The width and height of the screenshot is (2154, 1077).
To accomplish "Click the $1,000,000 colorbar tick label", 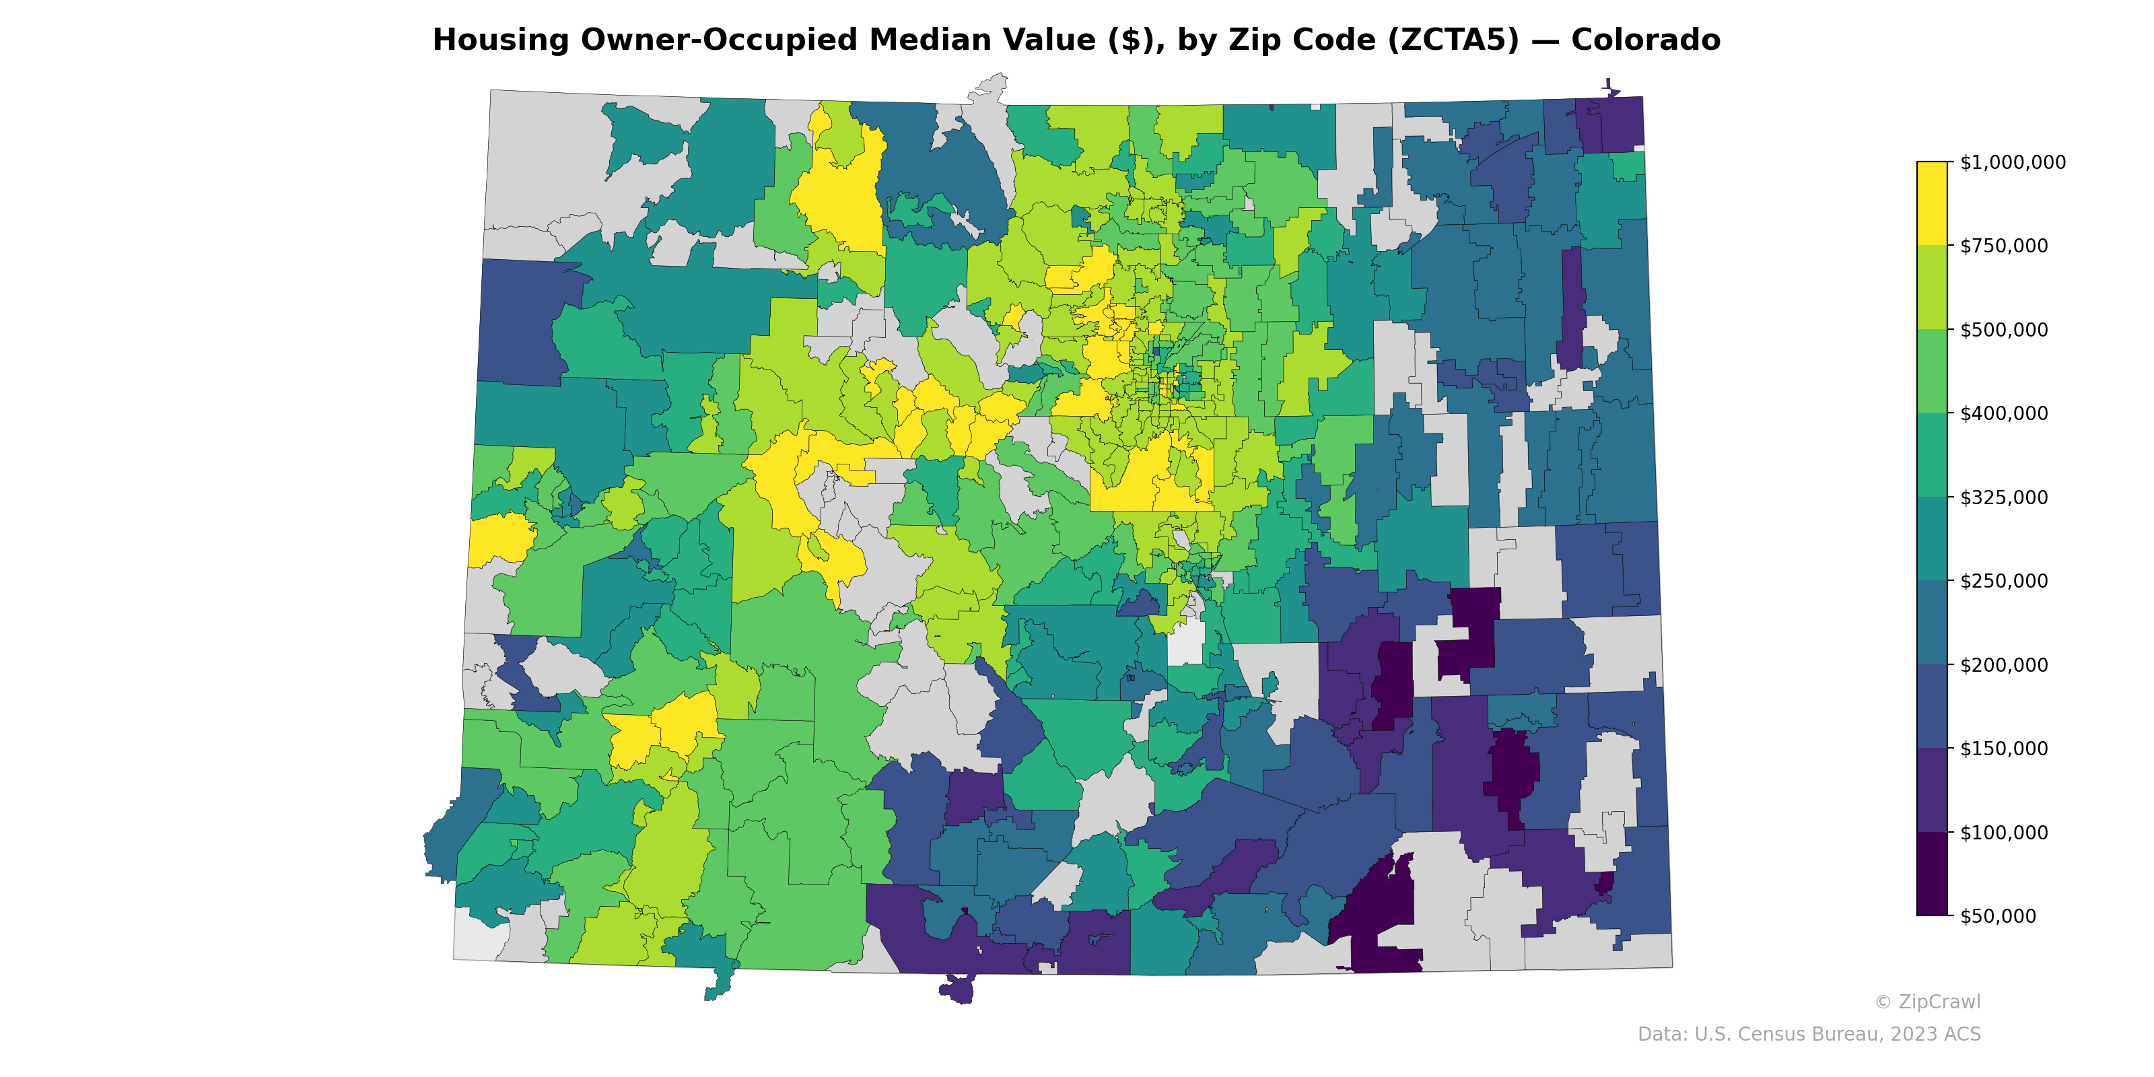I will coord(2012,162).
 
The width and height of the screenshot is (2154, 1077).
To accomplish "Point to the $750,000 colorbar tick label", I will coord(2003,246).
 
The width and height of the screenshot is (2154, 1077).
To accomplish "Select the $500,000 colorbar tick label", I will coord(2003,329).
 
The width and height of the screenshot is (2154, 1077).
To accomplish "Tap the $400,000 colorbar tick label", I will coord(2003,413).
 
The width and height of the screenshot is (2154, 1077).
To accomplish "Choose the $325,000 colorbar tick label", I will coord(2003,497).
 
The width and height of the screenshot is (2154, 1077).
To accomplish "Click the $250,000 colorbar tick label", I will coord(2003,581).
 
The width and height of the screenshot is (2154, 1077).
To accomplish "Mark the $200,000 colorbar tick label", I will coord(2003,665).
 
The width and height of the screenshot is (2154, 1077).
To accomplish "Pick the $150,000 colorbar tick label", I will coord(2003,749).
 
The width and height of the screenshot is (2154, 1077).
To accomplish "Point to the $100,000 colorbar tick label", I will coord(2003,832).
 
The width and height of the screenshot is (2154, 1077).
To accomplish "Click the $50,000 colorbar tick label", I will coord(1999,915).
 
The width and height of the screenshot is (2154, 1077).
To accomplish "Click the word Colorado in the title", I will coord(1644,40).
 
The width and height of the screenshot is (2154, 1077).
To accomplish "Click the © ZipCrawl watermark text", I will coord(1926,1002).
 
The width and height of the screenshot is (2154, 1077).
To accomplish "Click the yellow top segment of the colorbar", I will coord(1932,203).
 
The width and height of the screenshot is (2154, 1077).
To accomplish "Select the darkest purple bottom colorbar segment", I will coord(1932,874).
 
